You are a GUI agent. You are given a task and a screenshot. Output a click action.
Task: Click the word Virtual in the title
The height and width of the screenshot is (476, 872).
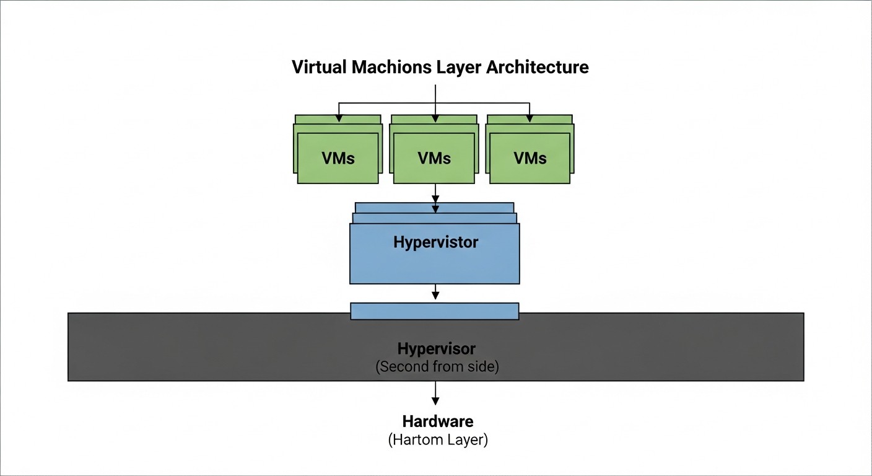(319, 67)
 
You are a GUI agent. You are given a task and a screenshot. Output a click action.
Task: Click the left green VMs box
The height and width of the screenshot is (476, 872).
(338, 158)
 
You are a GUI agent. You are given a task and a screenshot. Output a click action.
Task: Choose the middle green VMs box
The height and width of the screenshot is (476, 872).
(434, 158)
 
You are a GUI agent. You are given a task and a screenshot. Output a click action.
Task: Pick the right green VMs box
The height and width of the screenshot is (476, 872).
(530, 158)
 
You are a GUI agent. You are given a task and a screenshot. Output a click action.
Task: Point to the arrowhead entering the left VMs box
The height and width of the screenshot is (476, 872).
(338, 118)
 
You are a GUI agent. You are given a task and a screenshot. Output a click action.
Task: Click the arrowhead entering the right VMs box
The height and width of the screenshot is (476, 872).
(530, 118)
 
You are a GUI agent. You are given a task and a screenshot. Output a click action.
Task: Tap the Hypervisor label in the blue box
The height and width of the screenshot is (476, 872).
(435, 242)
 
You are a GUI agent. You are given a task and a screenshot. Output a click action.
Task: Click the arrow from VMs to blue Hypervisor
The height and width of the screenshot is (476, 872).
(435, 195)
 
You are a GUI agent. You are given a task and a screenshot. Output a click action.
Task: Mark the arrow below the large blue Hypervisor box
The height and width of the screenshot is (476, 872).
(435, 292)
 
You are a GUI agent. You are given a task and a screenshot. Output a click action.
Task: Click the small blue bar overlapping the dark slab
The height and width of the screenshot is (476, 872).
(434, 311)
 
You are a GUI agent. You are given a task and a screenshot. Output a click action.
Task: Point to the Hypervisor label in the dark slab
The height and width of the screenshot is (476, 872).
(437, 348)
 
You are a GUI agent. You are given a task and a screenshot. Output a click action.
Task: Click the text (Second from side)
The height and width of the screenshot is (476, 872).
(437, 366)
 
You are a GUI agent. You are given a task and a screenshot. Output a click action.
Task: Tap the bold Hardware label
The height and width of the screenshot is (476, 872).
(438, 421)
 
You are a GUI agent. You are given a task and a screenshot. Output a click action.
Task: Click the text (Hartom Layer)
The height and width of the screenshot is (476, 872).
(438, 441)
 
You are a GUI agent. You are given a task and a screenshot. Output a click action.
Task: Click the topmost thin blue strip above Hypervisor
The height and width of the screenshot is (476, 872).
(434, 207)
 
